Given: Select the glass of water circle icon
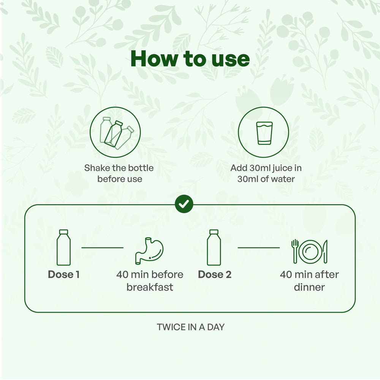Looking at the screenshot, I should click(264, 132).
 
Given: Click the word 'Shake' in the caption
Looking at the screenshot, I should click(97, 168).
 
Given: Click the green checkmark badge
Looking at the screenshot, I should click(184, 205).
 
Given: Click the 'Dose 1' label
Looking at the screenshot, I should click(63, 274).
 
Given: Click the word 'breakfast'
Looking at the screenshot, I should click(150, 287).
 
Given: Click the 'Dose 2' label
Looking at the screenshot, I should click(214, 274).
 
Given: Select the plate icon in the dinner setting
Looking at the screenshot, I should click(309, 252).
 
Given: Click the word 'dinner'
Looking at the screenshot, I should click(309, 287).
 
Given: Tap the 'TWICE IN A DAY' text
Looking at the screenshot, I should click(190, 327).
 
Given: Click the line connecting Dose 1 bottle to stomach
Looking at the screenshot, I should click(102, 248).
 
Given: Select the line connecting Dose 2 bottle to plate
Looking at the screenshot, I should click(258, 248).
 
